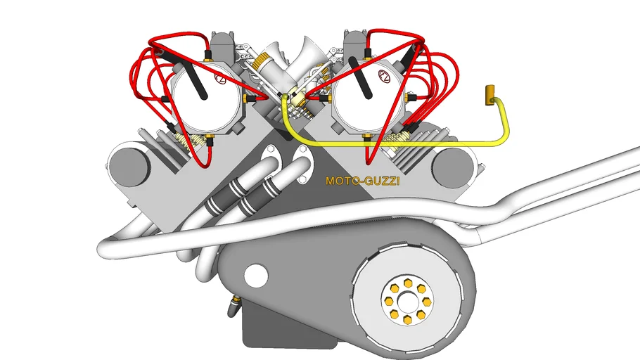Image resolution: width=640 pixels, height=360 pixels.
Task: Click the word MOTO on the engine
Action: [340, 181]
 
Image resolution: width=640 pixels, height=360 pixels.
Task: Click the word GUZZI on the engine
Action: [382, 181]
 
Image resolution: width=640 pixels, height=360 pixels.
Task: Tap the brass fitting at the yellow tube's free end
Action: [489, 95]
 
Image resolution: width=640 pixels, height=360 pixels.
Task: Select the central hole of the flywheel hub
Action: [407, 302]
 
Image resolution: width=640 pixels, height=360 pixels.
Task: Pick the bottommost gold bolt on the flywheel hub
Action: [407, 321]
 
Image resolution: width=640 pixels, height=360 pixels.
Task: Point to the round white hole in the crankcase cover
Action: [256, 275]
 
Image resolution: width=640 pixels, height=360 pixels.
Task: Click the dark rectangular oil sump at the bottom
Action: [286, 326]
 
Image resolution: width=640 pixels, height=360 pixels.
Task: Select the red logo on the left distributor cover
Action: [220, 77]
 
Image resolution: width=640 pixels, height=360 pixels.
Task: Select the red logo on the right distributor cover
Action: [385, 76]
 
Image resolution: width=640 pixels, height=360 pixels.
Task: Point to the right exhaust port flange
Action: [302, 163]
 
